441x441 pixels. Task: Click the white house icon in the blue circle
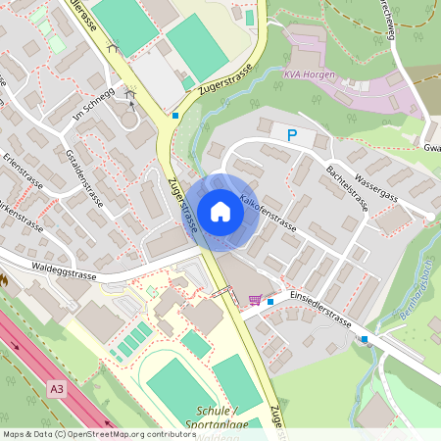click(220, 212)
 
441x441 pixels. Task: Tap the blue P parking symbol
click(291, 135)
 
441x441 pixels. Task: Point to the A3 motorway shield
click(57, 389)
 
